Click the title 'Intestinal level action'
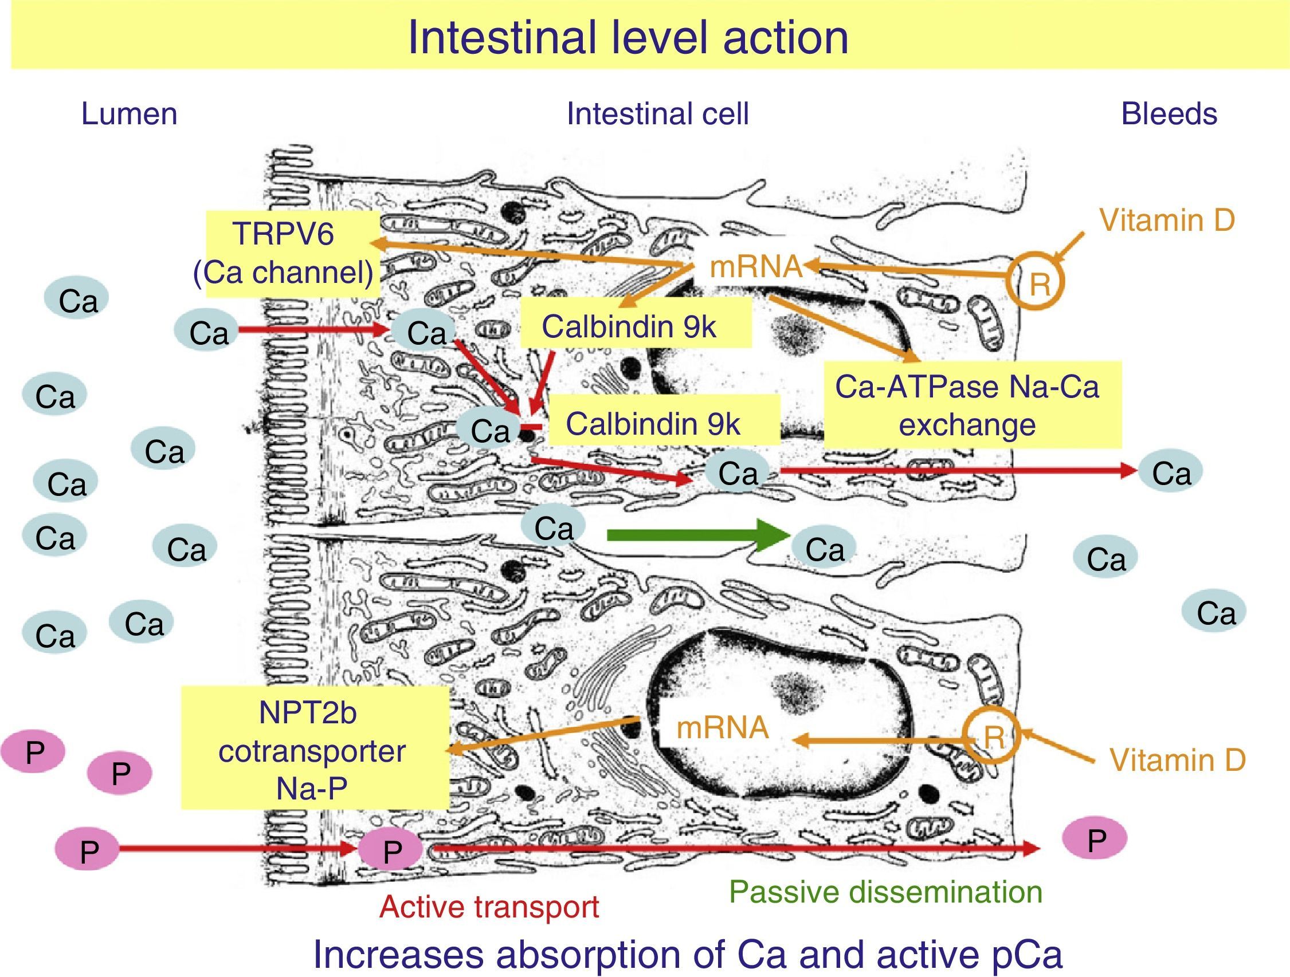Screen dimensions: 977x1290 click(628, 37)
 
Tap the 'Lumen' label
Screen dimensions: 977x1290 click(129, 113)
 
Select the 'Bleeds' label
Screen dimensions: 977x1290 click(1169, 113)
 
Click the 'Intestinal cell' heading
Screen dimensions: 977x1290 click(657, 113)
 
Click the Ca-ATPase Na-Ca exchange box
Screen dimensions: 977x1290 click(971, 405)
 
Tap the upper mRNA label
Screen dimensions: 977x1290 click(756, 267)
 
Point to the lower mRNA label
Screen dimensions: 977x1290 click(722, 728)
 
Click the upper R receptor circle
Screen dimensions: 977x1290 click(1037, 283)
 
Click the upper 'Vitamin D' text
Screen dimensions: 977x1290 click(1166, 221)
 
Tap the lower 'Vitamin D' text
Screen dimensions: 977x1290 click(1177, 760)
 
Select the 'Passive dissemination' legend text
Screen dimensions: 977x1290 click(885, 892)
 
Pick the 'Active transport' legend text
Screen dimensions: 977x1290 click(489, 907)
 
